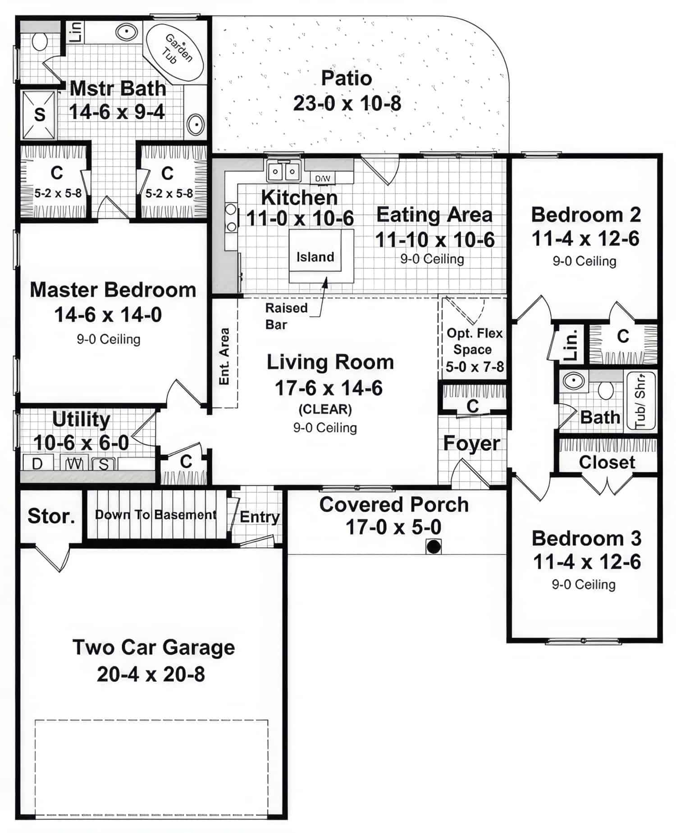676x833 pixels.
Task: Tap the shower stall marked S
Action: (x=40, y=115)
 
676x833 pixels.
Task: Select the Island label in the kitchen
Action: (x=315, y=257)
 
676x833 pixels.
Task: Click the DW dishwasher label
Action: (x=323, y=178)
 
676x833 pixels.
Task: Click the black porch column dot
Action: (x=434, y=547)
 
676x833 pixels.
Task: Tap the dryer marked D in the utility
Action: (x=37, y=463)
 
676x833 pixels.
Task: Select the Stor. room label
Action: (x=51, y=516)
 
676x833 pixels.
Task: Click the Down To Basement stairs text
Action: (x=155, y=515)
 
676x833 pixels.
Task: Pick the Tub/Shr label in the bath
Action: (x=640, y=401)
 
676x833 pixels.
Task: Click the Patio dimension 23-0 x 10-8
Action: (x=347, y=103)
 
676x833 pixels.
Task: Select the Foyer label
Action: (x=471, y=444)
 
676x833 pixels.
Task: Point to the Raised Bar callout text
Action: (x=286, y=316)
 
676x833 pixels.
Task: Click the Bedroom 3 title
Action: (x=586, y=538)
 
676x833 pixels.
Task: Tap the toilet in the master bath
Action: (x=40, y=42)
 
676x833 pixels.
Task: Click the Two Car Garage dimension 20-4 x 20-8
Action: (x=151, y=674)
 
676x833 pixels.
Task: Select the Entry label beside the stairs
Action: (x=260, y=517)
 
